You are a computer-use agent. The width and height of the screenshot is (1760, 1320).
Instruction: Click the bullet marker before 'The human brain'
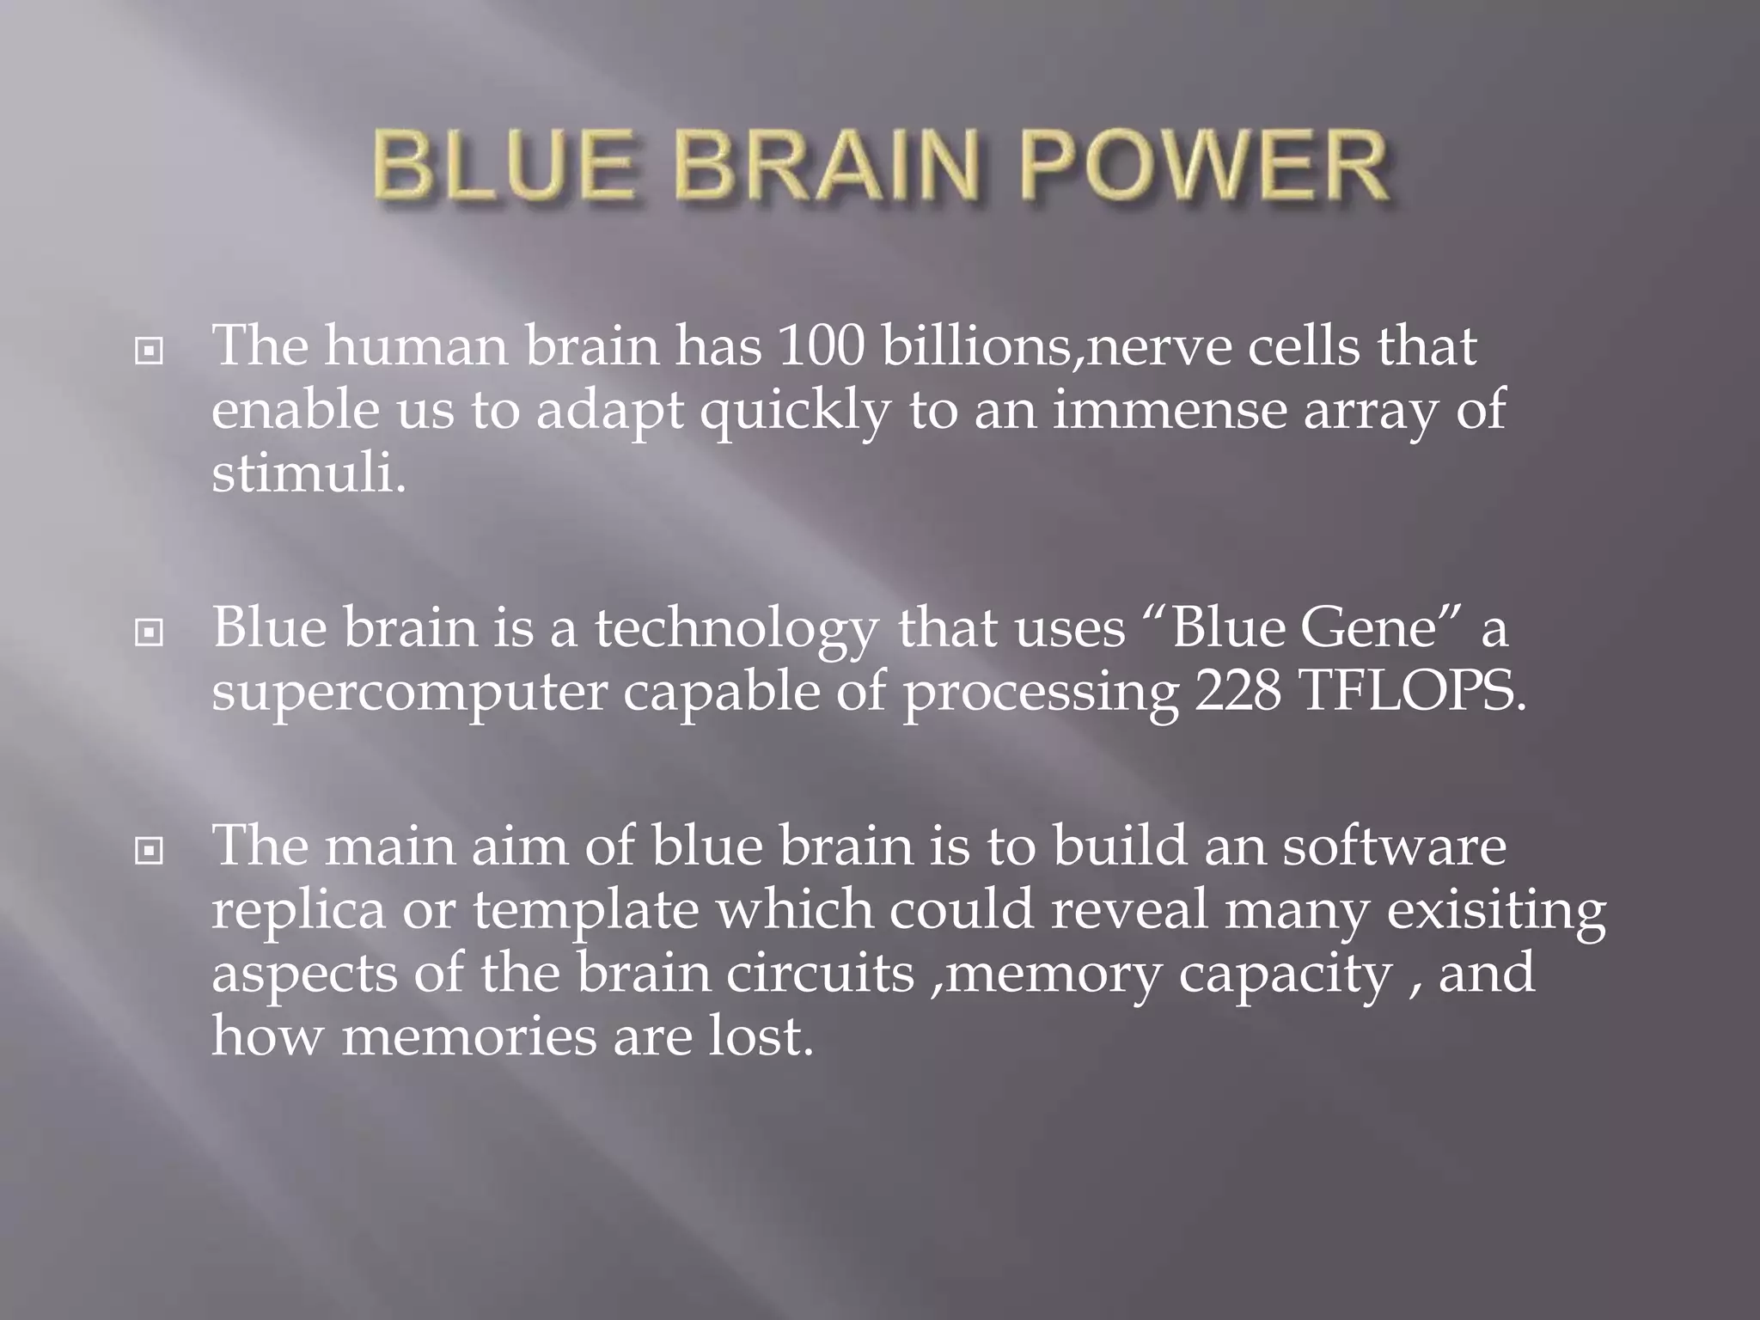point(150,351)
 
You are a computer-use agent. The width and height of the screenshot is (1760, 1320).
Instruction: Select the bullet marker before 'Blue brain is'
point(150,633)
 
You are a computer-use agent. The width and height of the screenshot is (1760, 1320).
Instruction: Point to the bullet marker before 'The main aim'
point(150,852)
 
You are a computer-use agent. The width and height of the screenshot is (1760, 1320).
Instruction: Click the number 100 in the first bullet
point(821,346)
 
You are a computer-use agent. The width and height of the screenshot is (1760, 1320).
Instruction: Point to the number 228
point(1237,692)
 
